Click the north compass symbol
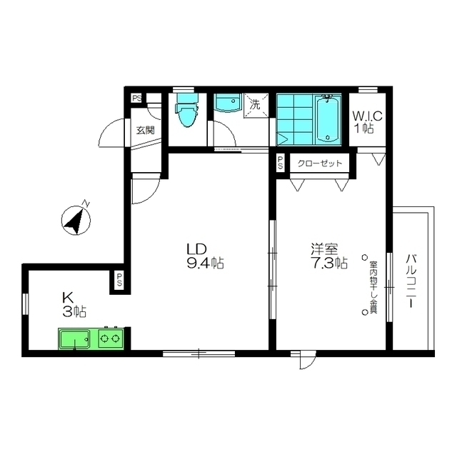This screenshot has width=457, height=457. [x=76, y=219]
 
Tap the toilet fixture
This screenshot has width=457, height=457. [x=186, y=110]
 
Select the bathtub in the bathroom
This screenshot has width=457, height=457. [x=328, y=119]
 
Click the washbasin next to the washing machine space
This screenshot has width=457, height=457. [x=227, y=103]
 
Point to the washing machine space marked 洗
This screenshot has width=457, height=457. [x=256, y=105]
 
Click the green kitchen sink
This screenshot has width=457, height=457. [x=74, y=338]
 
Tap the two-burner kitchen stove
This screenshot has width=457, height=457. [x=111, y=338]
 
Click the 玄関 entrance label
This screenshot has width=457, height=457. [x=146, y=130]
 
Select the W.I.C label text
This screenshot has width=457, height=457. [x=368, y=116]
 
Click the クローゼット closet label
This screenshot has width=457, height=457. [x=319, y=164]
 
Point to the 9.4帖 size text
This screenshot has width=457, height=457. [x=205, y=263]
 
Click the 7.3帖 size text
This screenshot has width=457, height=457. [x=328, y=263]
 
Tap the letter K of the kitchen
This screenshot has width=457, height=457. [x=68, y=298]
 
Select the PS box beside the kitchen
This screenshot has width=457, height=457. [x=119, y=280]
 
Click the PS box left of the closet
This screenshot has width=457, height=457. [x=281, y=163]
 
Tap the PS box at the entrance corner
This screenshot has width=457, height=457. [x=136, y=98]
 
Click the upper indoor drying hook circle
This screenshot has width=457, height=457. [x=364, y=257]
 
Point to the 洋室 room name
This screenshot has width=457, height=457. [x=324, y=249]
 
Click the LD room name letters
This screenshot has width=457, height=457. [x=197, y=249]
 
